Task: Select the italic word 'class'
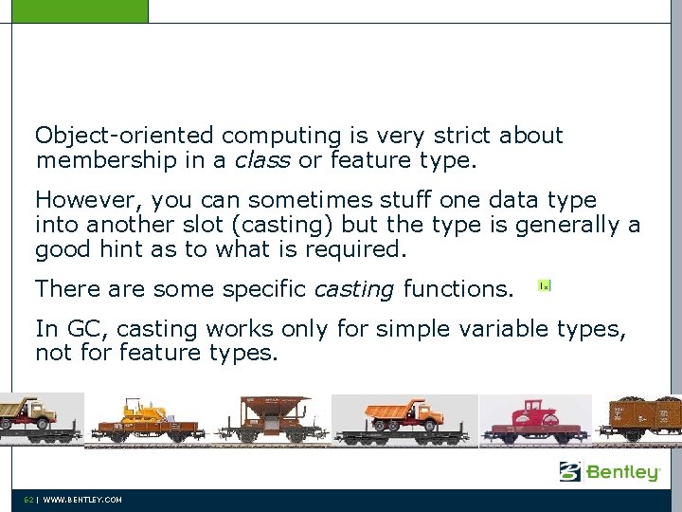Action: pos(261,162)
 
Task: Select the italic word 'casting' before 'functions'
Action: pos(353,288)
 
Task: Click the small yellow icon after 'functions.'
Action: pos(544,285)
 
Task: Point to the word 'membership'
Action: pos(106,162)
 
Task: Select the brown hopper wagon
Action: pos(274,417)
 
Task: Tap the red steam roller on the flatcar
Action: pos(534,416)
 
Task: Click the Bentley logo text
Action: pos(622,472)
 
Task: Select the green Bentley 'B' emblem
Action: pos(569,471)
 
